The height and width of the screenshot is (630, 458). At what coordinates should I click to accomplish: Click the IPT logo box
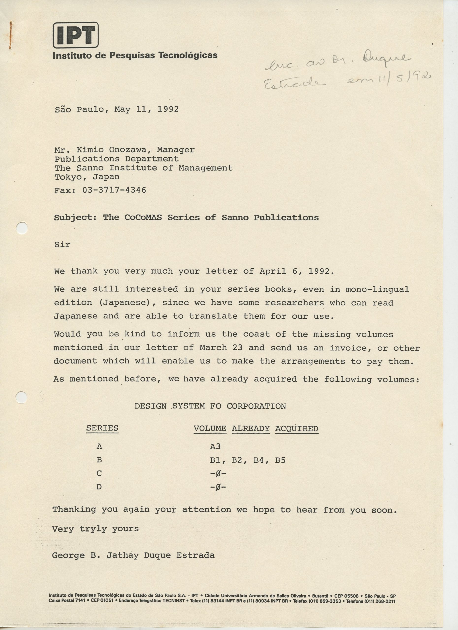tap(76, 35)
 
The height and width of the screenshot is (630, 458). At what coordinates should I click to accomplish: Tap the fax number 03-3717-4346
tap(114, 190)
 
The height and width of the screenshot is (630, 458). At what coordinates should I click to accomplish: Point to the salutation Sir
tap(62, 244)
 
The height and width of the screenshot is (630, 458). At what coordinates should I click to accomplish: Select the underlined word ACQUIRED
tap(296, 429)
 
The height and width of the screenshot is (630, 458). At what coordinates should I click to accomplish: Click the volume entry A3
tap(215, 446)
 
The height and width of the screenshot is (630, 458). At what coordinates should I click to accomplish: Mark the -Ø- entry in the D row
tap(218, 487)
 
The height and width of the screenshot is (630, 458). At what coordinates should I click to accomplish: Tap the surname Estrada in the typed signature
tap(195, 555)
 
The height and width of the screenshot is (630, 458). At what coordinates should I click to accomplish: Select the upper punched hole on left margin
tap(22, 228)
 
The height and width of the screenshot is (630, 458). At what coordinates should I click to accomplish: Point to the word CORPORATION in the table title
tap(256, 406)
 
